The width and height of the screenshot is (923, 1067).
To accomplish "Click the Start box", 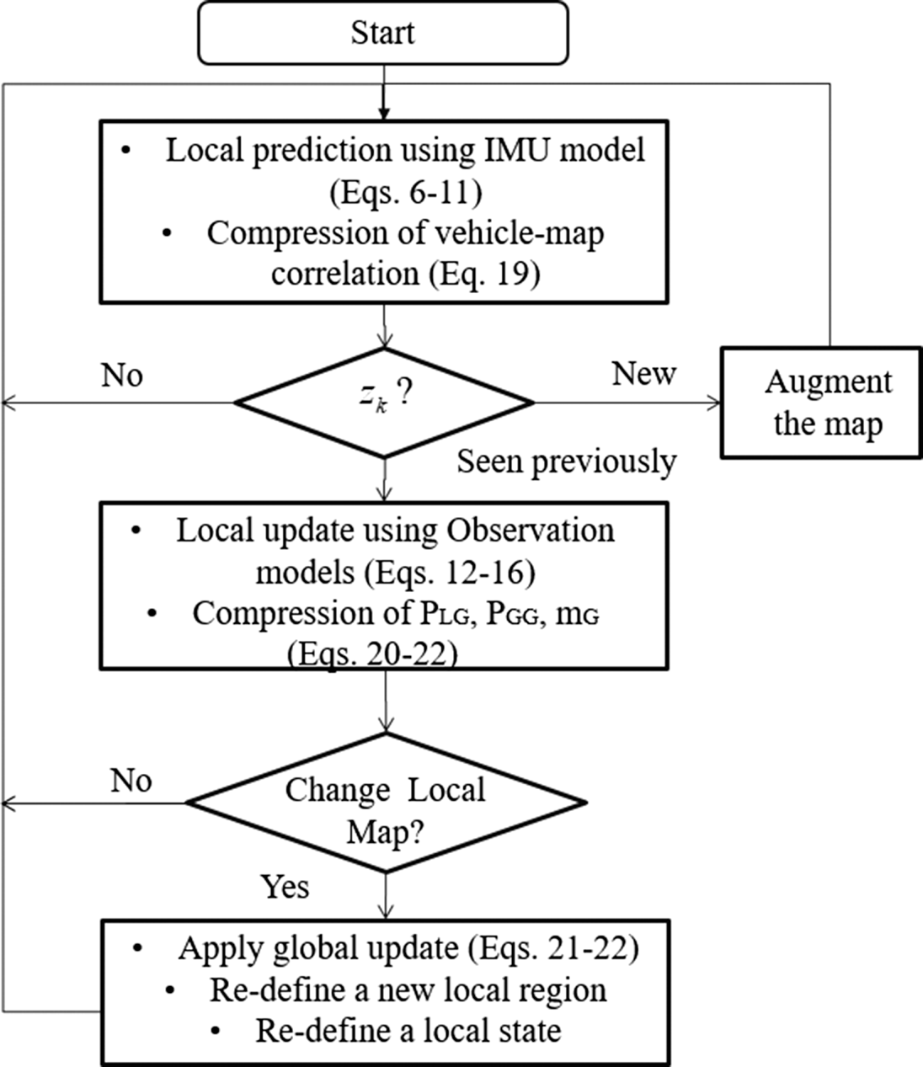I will [x=383, y=34].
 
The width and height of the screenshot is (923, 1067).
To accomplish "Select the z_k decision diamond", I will [x=384, y=403].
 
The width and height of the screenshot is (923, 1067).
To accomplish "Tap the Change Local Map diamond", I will [x=386, y=803].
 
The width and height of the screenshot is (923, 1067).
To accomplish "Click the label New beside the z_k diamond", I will [x=643, y=373].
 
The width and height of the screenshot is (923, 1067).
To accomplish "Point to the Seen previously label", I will [x=566, y=461].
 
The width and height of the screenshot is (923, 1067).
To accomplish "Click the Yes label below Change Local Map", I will [x=285, y=886].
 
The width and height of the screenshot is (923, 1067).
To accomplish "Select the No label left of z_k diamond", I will [x=122, y=375].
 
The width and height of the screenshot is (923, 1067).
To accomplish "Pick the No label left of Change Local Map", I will [x=131, y=781].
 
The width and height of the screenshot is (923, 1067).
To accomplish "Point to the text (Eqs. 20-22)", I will [x=371, y=654].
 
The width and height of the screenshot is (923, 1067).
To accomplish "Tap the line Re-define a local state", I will [x=408, y=1030].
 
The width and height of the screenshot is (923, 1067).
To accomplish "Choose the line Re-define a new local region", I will [x=408, y=990].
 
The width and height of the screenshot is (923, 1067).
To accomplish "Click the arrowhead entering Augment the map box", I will [x=716, y=403].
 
